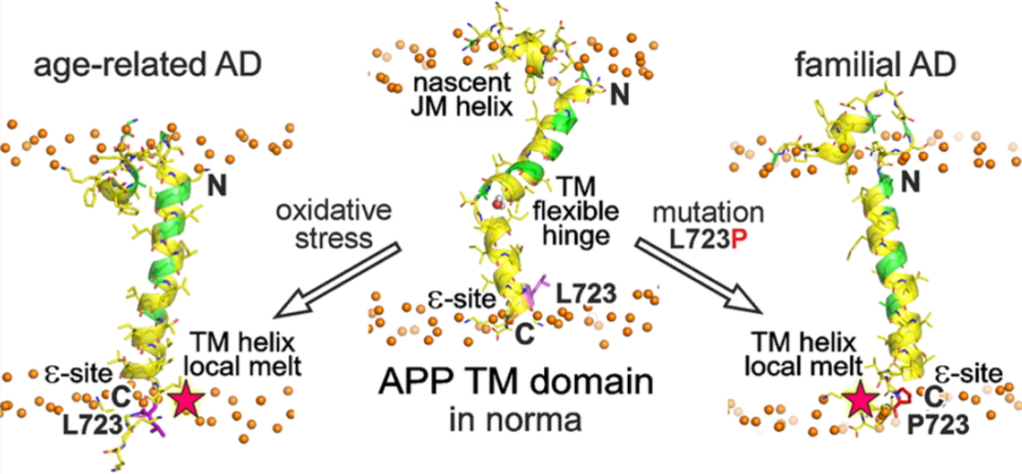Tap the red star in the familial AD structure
[859, 400]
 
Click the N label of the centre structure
[620, 96]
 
